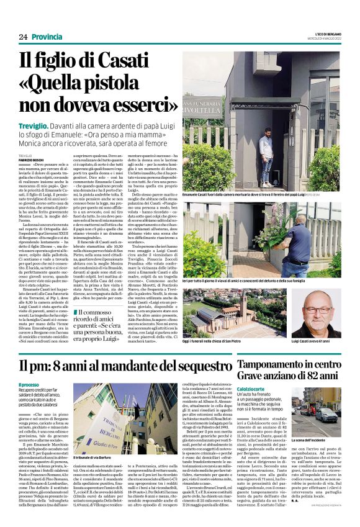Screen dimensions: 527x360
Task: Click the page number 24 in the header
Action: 23,37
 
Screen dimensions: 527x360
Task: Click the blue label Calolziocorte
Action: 275,389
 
